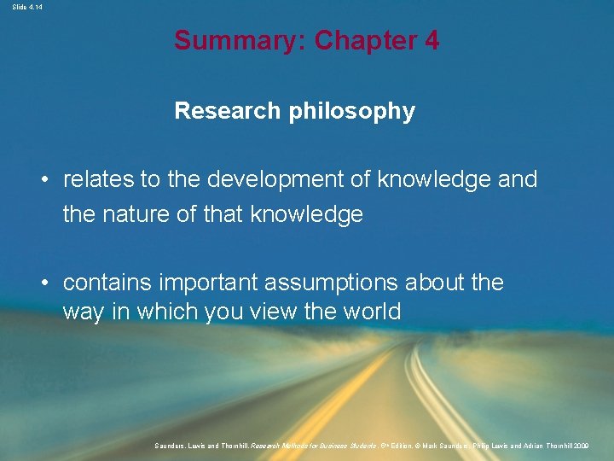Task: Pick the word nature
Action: [135, 214]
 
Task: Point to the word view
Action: [271, 312]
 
